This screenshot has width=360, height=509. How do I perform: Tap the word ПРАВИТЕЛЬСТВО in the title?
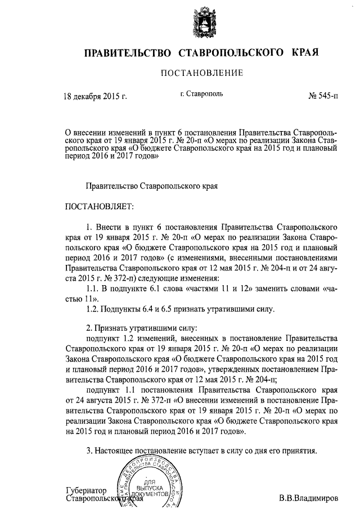coord(128,53)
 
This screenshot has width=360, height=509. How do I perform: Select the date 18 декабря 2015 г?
coord(94,96)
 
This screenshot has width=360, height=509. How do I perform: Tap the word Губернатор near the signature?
coord(85,490)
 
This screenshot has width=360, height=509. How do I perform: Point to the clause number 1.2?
coord(92,309)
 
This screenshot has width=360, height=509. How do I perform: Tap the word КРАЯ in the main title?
coord(305,53)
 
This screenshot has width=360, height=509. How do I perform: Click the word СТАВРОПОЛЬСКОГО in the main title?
coord(230,53)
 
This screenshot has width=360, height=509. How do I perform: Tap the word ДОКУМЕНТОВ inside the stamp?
coord(149,493)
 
